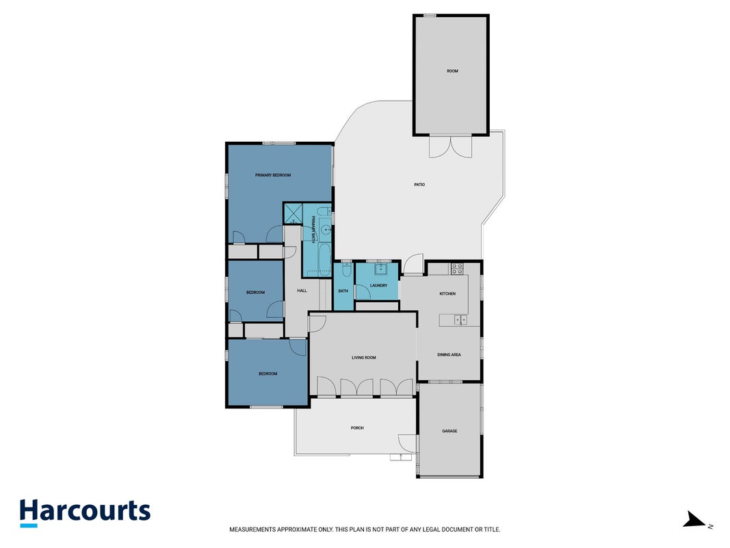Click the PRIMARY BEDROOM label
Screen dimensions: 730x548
point(273,175)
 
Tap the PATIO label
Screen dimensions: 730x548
point(419,184)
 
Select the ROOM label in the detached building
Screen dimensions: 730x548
point(452,71)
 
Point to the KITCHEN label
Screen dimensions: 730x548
point(447,294)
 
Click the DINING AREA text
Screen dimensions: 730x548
point(449,355)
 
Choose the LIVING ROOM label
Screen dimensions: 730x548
point(363,358)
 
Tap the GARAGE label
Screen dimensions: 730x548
point(449,431)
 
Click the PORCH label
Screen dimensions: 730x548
point(357,427)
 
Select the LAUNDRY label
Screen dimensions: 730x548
point(378,285)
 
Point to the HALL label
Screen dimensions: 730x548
point(302,290)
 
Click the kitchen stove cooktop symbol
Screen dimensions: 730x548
point(456,269)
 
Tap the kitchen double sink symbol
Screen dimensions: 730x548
point(461,320)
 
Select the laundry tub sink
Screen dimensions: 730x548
point(381,269)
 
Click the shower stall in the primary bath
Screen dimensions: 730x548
point(293,214)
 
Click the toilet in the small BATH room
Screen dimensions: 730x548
point(346,269)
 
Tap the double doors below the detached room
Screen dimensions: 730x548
point(451,147)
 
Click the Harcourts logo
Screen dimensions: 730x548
point(86,512)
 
